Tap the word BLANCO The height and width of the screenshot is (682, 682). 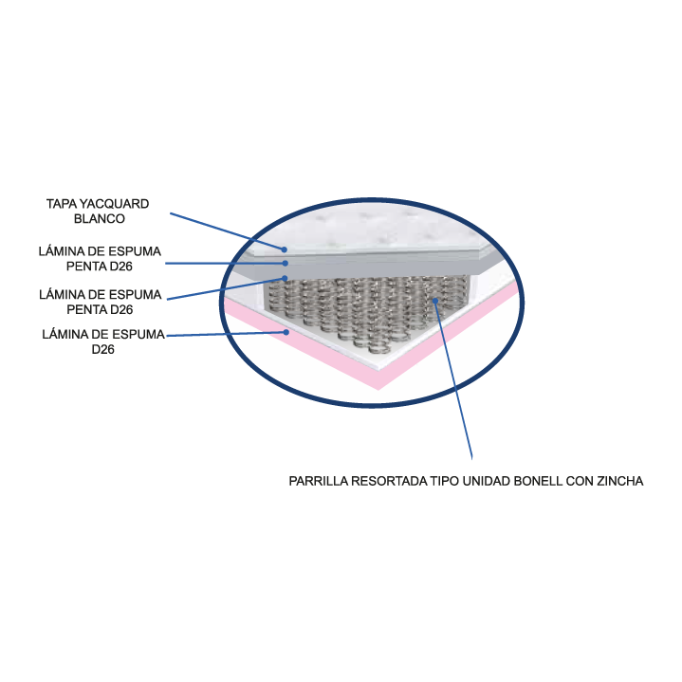[x=99, y=218]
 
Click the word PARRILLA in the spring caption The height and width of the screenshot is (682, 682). [x=318, y=481]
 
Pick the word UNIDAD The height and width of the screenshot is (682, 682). [x=487, y=481]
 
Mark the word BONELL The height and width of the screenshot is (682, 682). [x=539, y=481]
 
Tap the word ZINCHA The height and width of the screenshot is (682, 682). [x=620, y=481]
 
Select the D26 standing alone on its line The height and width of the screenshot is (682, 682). [x=104, y=349]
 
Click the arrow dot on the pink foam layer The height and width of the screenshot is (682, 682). [x=286, y=332]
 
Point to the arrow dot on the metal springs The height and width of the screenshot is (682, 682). [x=434, y=300]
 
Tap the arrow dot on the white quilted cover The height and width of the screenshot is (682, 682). [x=284, y=249]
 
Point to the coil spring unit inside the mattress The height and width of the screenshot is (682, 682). [x=370, y=304]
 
